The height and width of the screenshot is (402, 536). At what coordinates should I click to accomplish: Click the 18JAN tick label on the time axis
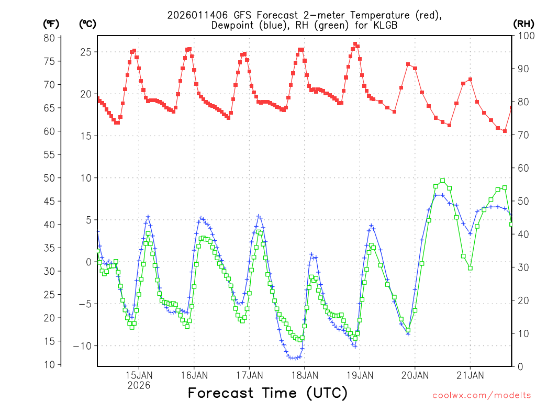[304, 375]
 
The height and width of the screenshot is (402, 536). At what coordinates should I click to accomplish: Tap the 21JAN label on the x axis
[470, 375]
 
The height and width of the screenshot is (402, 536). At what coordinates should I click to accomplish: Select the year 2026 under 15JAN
[139, 385]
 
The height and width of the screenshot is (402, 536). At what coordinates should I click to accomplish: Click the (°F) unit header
[51, 24]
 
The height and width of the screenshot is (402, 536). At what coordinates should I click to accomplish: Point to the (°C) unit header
[87, 24]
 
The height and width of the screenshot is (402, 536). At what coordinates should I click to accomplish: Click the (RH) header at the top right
[523, 24]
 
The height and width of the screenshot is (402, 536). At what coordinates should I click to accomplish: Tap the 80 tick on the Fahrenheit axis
[49, 38]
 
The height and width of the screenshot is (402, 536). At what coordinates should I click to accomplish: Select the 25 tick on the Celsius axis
[86, 52]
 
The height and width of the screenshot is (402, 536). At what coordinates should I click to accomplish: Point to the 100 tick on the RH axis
[523, 35]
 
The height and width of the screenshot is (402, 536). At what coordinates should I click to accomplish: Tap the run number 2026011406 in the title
[197, 15]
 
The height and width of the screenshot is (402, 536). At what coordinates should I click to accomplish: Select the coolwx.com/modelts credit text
[481, 394]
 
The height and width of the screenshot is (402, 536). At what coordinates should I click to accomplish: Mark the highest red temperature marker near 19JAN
[355, 44]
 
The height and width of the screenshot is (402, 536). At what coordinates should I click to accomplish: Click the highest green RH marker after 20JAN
[443, 181]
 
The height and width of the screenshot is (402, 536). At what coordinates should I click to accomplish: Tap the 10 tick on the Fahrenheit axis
[49, 364]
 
